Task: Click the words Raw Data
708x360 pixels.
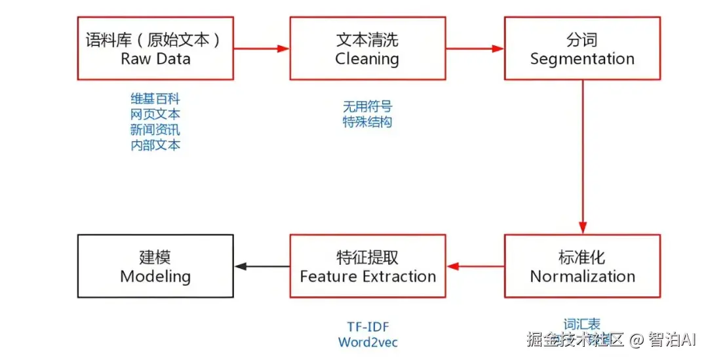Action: pyautogui.click(x=155, y=59)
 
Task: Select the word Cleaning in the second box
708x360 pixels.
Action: pyautogui.click(x=367, y=59)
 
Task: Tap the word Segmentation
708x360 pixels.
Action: pyautogui.click(x=582, y=59)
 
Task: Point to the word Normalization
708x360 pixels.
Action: pyautogui.click(x=582, y=277)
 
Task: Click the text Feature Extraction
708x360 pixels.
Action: pyautogui.click(x=368, y=277)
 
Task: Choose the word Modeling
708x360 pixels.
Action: pyautogui.click(x=155, y=277)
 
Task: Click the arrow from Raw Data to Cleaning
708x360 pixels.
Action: pyautogui.click(x=262, y=49)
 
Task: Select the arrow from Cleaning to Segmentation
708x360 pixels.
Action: pyautogui.click(x=475, y=49)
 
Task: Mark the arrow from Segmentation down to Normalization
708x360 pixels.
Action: pyautogui.click(x=583, y=157)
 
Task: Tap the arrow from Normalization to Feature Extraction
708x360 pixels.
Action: pyautogui.click(x=475, y=266)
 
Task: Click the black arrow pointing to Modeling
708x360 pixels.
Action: pyautogui.click(x=262, y=266)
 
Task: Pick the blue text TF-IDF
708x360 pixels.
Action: pyautogui.click(x=368, y=327)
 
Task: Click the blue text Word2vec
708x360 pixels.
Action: pyautogui.click(x=368, y=342)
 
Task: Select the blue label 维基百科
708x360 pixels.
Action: pyautogui.click(x=155, y=99)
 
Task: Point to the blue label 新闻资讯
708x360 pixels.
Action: pyautogui.click(x=155, y=130)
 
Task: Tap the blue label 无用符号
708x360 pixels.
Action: pyautogui.click(x=368, y=106)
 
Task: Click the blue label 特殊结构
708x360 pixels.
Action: pyautogui.click(x=368, y=122)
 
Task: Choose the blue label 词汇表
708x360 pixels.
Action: pyautogui.click(x=582, y=325)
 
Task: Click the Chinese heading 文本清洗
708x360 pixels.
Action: pyautogui.click(x=367, y=39)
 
